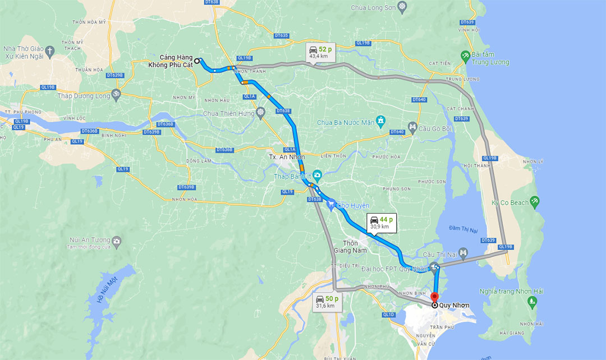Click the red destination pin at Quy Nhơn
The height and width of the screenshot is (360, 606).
coord(434,297)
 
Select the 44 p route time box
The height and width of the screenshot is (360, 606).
coord(381,223)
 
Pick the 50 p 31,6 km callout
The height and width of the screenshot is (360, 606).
coord(325,302)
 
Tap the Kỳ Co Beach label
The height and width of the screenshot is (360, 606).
coord(510,202)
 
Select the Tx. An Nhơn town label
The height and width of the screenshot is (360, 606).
coord(287,157)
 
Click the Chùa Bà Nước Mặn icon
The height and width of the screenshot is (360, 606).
coord(381,120)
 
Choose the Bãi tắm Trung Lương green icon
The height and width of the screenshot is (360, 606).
coord(465,55)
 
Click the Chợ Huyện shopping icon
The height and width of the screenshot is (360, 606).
coord(331,205)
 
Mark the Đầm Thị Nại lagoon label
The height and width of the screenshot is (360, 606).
coord(463,227)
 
